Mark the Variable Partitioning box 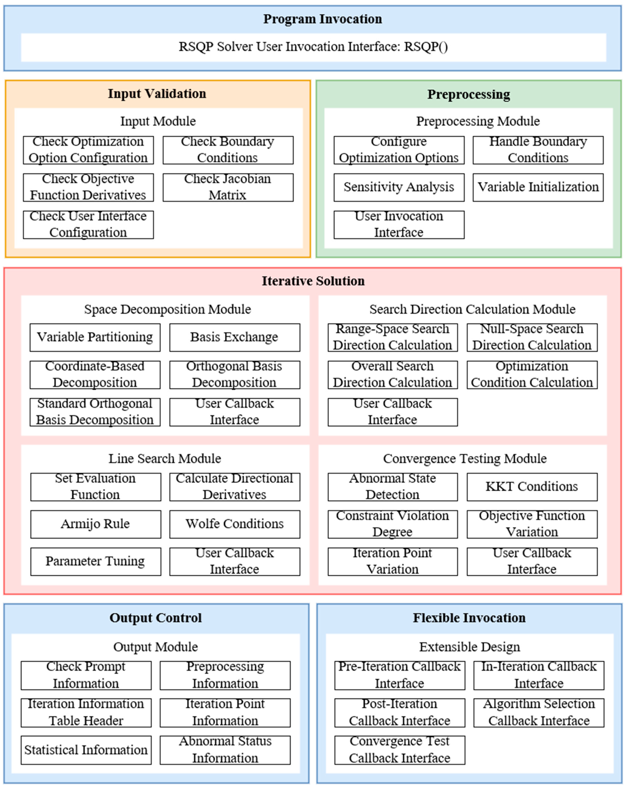tap(95, 337)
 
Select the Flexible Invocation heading tap(469, 618)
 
